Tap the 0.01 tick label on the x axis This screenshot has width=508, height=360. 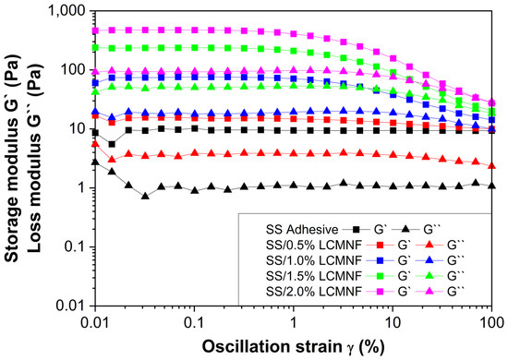(x=95, y=323)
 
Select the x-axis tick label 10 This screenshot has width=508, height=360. (x=393, y=323)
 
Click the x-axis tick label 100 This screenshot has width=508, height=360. (x=491, y=323)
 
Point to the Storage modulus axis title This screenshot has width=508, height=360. (x=12, y=158)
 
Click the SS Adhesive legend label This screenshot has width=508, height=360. (x=302, y=230)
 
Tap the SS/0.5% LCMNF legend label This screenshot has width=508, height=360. (x=314, y=245)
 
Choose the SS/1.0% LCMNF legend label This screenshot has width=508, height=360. (x=314, y=260)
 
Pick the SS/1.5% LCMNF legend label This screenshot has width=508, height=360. (x=314, y=276)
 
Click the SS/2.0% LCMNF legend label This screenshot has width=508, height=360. (x=314, y=292)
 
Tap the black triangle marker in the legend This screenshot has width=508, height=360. (x=405, y=229)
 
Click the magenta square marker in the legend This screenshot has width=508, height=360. (x=381, y=292)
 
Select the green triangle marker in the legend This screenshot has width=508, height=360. (x=429, y=275)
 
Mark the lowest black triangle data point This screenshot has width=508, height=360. (x=145, y=196)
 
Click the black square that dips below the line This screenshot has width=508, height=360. (x=112, y=144)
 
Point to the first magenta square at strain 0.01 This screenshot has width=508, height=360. (x=95, y=30)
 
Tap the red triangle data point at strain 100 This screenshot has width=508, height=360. (x=491, y=166)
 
